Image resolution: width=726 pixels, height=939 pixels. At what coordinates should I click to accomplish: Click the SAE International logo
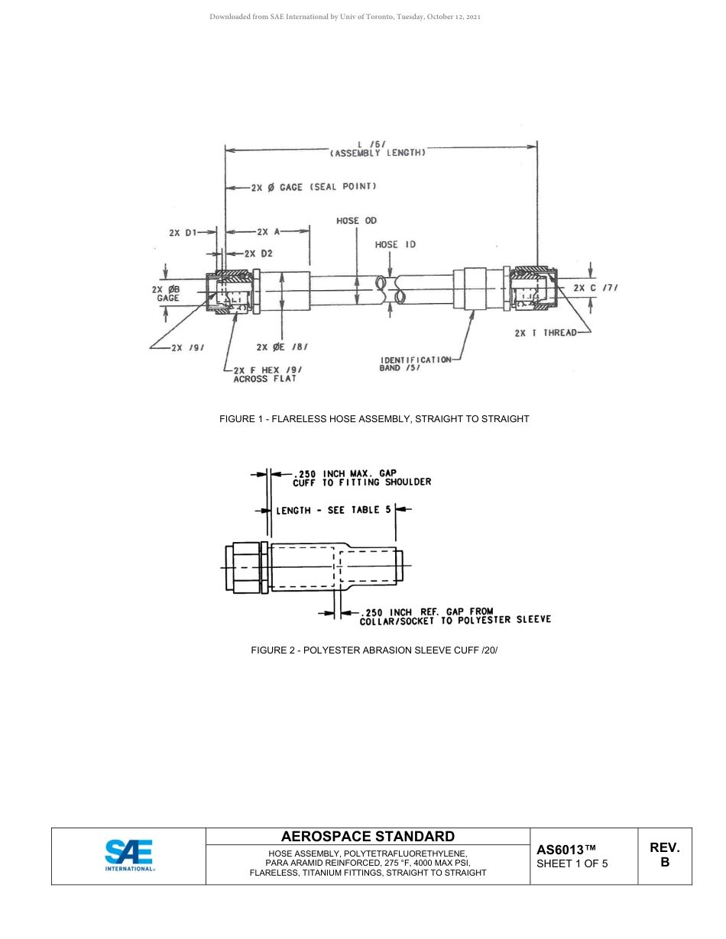click(x=130, y=856)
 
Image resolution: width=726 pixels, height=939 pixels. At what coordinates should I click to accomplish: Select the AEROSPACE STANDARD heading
click(x=368, y=837)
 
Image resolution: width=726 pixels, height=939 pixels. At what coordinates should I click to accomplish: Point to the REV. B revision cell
click(x=664, y=855)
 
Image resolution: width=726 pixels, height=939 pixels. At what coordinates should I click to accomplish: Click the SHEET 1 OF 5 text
click(x=572, y=864)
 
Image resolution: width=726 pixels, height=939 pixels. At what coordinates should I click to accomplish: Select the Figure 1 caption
click(x=374, y=419)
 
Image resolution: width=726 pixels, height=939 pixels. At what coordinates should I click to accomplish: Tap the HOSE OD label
click(x=356, y=221)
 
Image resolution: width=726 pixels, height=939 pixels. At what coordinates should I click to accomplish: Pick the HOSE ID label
click(x=395, y=245)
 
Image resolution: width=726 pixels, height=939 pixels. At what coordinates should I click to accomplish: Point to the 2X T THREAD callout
click(x=546, y=333)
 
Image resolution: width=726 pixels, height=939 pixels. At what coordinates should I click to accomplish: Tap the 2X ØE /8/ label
click(x=282, y=347)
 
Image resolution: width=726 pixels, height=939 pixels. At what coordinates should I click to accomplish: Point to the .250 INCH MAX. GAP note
click(x=361, y=477)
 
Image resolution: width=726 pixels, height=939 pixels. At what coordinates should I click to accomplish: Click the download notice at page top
click(x=345, y=16)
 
